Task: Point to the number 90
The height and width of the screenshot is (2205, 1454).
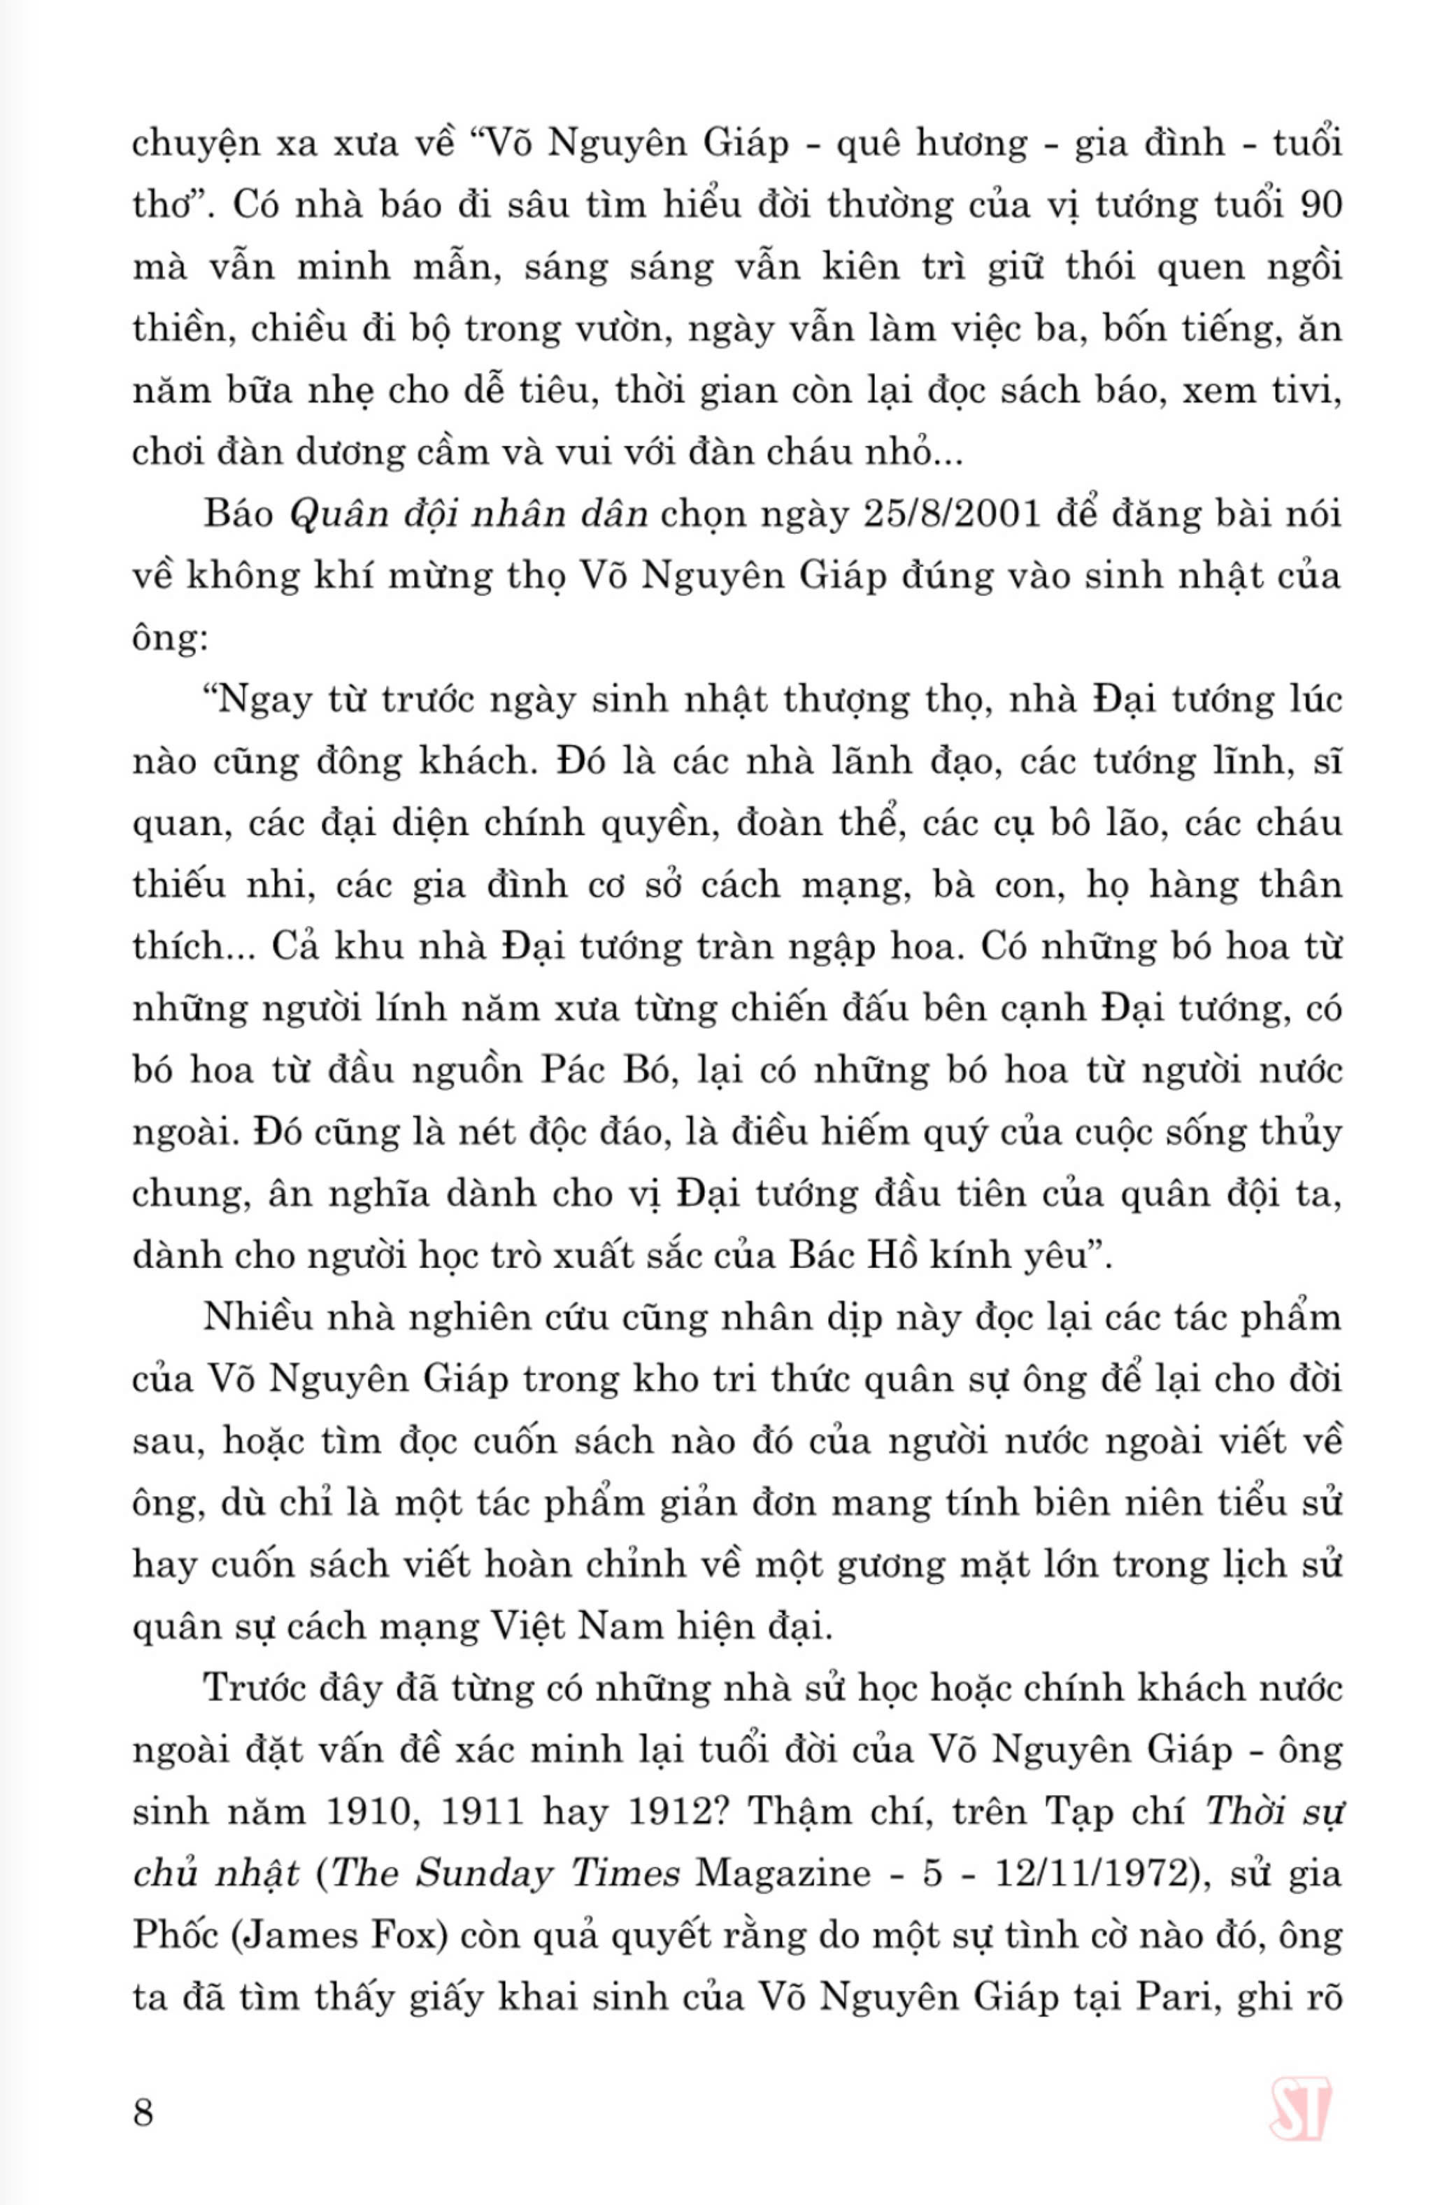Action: point(1320,205)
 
